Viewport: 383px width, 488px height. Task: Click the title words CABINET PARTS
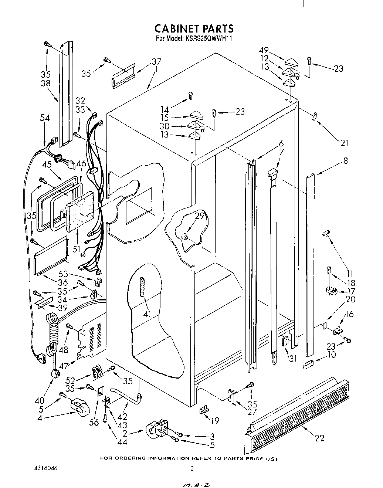point(194,28)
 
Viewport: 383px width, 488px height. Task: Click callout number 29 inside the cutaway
point(200,216)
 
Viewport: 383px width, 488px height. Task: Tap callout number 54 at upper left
point(45,118)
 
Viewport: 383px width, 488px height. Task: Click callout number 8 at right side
point(345,161)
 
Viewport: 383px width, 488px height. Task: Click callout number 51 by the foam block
point(77,249)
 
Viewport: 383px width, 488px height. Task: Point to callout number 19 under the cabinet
point(214,420)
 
